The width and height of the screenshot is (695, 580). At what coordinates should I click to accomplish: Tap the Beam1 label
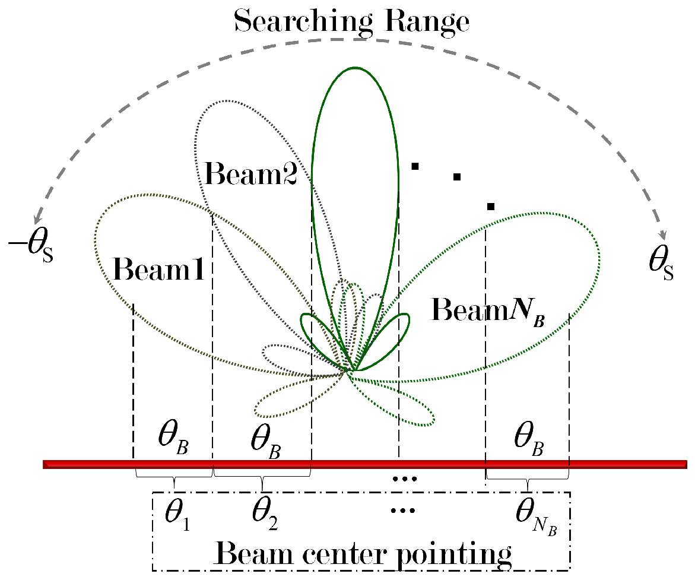click(x=158, y=270)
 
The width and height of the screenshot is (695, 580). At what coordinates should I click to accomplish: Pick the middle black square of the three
click(x=456, y=176)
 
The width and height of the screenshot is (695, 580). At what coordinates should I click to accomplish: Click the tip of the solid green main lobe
click(x=355, y=68)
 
